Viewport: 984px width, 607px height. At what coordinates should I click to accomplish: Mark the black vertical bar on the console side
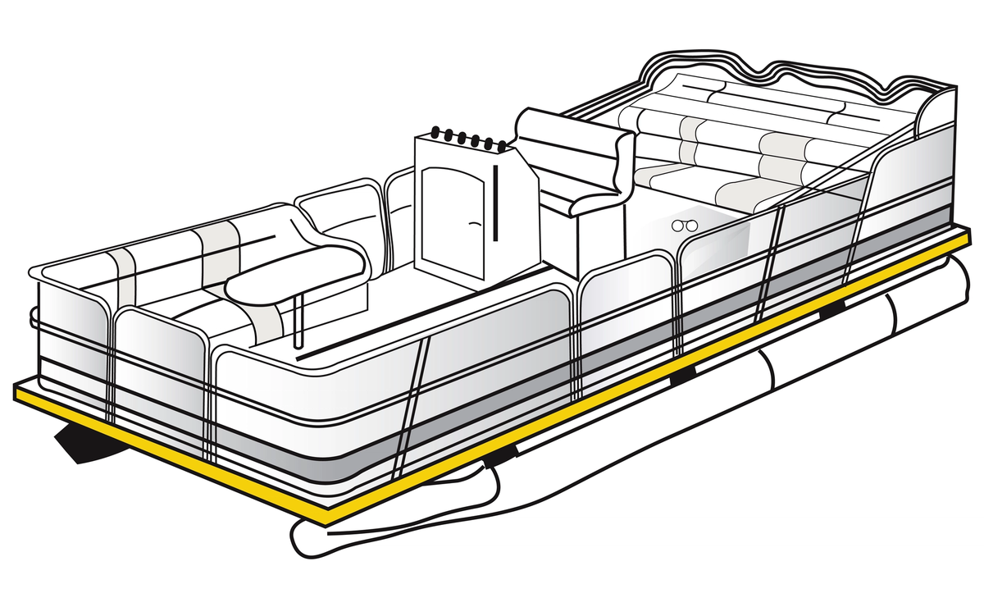496,201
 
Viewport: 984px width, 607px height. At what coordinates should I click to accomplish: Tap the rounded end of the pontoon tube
303,537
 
